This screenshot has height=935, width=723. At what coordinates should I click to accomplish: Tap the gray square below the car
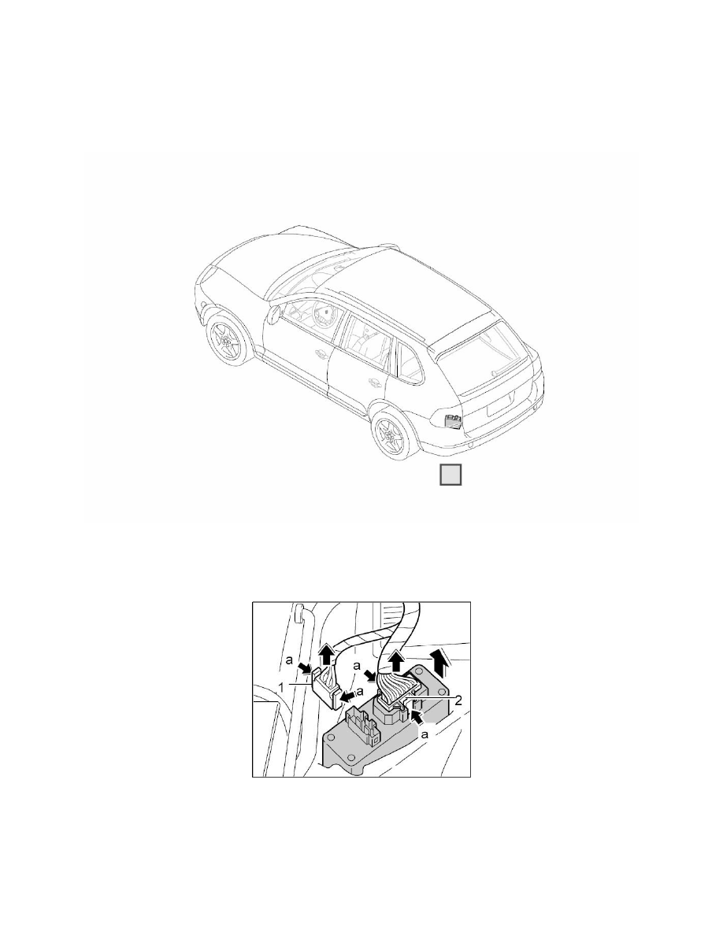[x=450, y=476]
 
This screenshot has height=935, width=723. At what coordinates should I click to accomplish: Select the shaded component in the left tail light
[x=452, y=422]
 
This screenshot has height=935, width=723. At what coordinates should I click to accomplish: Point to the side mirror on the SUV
[x=273, y=316]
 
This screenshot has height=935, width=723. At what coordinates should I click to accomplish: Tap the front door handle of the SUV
[x=321, y=357]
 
